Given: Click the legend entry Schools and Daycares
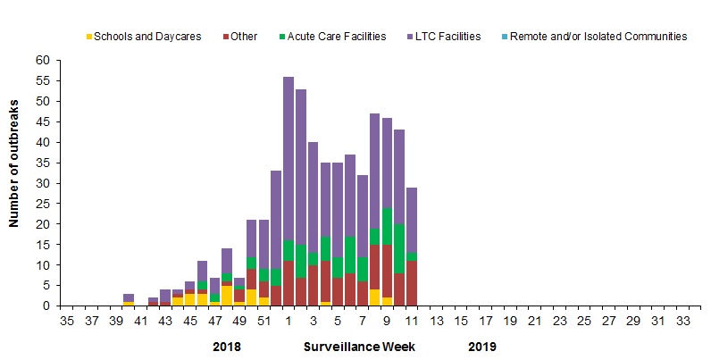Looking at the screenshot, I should pyautogui.click(x=147, y=37).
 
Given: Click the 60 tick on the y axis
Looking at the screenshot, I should pyautogui.click(x=43, y=60).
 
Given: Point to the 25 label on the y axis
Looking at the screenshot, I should pyautogui.click(x=43, y=204).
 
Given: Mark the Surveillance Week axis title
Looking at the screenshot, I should pyautogui.click(x=360, y=346).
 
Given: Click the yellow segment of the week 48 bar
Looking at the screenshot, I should pyautogui.click(x=227, y=296).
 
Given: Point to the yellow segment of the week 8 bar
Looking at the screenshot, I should pyautogui.click(x=375, y=297).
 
